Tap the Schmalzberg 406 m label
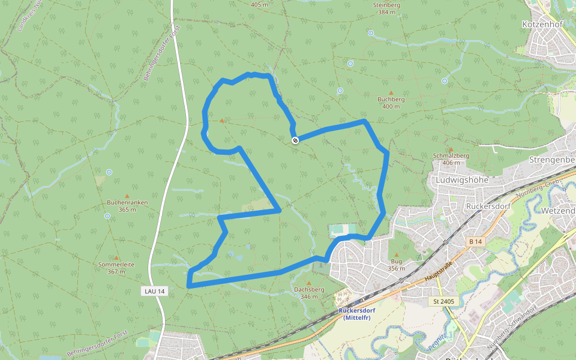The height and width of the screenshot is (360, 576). point(450,158)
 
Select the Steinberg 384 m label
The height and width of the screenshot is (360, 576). point(386,8)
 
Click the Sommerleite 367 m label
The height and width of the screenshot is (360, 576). point(113,268)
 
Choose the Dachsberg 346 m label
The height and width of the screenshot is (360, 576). point(309,292)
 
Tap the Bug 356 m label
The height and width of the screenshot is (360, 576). point(396,265)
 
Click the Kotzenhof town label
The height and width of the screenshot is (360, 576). point(542,25)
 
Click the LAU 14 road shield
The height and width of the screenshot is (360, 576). point(154,290)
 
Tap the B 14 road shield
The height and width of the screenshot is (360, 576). point(475,241)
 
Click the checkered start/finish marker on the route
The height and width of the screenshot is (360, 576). point(295,140)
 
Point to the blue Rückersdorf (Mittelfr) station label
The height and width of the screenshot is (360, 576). point(356,314)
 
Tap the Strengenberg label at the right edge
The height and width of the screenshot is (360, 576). point(552,160)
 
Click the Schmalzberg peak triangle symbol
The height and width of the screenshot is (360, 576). point(451,149)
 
